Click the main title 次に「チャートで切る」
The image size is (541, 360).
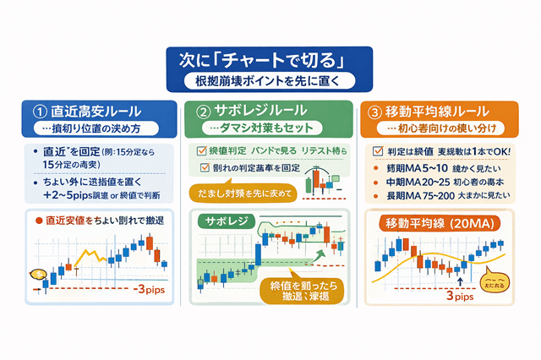(270, 62)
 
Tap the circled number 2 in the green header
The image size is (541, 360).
(204, 111)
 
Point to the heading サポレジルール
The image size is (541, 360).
(257, 111)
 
